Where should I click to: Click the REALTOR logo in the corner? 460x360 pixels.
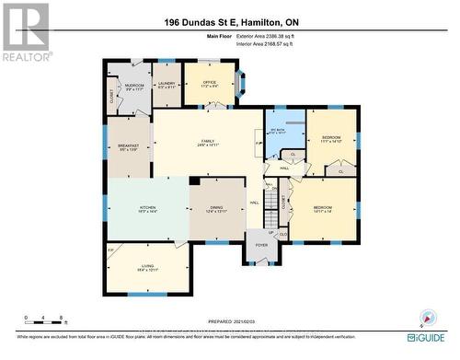(25, 31)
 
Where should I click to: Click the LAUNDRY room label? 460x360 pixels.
(167, 85)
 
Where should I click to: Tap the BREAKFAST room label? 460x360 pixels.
(129, 146)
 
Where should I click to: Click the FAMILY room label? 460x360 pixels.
(208, 142)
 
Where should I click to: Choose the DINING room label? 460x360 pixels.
(217, 209)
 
